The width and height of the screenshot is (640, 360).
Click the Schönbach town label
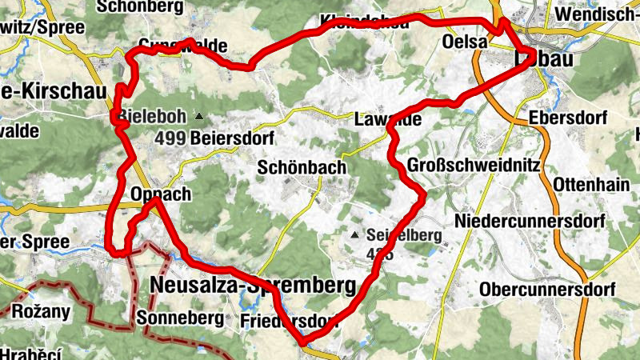tap(302, 168)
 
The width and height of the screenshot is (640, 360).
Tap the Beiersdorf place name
tap(232, 138)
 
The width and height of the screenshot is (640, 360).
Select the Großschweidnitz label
tap(474, 165)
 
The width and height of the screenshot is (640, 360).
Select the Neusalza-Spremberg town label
tap(252, 286)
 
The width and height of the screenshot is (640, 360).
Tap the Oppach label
tap(161, 194)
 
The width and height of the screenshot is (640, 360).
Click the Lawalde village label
tap(387, 120)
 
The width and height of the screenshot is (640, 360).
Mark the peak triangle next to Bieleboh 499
tap(198, 116)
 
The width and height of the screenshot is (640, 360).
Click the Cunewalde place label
tap(182, 46)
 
